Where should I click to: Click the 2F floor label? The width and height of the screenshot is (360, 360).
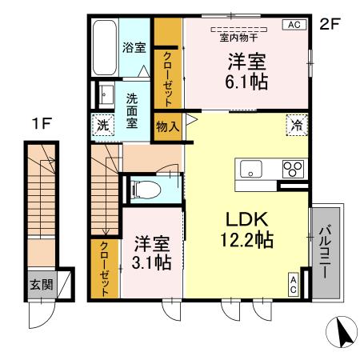(x=330, y=24)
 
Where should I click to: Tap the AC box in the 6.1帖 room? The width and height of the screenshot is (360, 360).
(x=293, y=25)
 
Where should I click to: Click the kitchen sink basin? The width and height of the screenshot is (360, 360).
(x=250, y=170)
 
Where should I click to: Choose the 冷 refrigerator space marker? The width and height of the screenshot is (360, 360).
(x=297, y=125)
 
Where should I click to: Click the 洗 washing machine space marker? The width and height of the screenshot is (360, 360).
(x=102, y=125)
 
